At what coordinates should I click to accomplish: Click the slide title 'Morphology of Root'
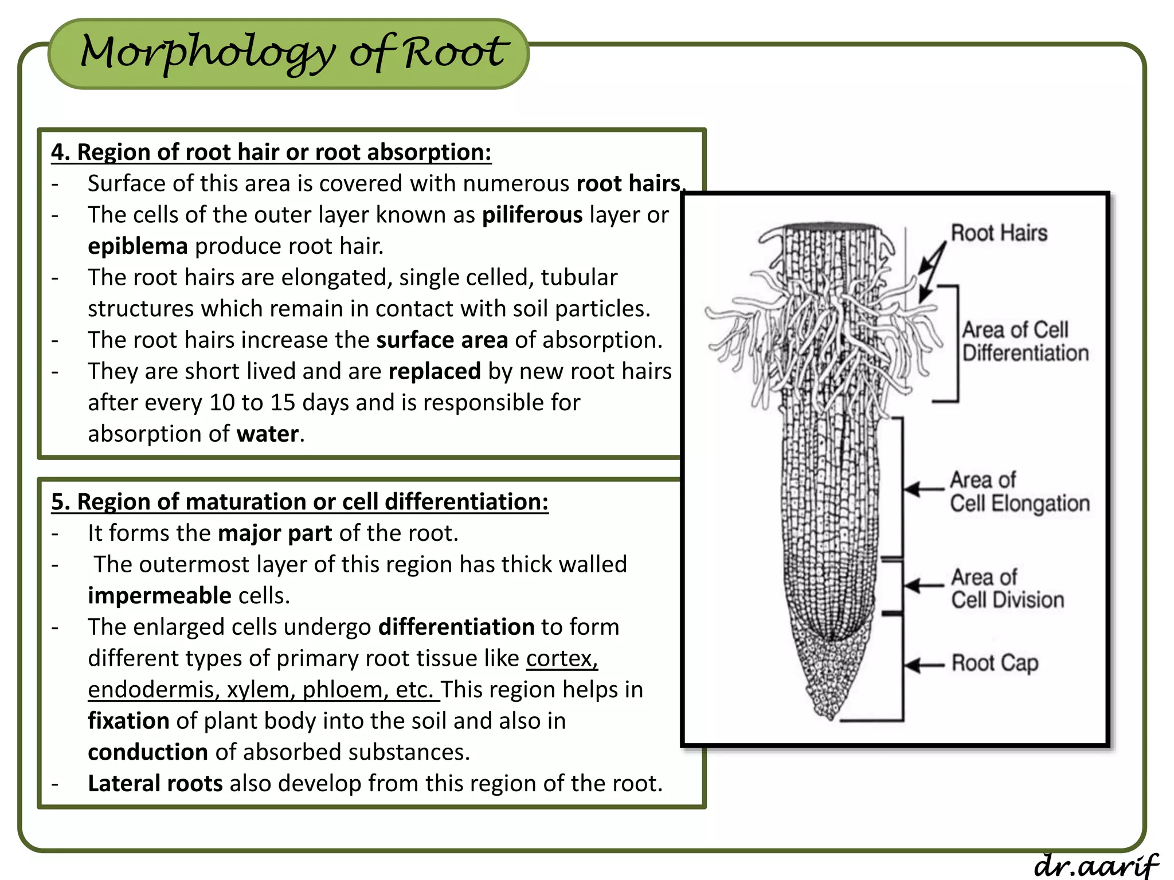click(293, 53)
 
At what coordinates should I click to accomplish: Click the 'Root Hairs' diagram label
click(999, 233)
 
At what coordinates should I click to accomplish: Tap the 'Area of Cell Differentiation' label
click(1024, 341)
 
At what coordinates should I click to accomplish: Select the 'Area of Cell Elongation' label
click(1019, 492)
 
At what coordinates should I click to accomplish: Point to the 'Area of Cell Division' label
click(1007, 588)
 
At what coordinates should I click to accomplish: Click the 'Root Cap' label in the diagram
click(995, 663)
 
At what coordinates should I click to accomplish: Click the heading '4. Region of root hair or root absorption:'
click(271, 152)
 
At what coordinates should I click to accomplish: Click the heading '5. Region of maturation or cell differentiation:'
click(300, 502)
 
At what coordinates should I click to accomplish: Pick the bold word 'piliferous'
click(532, 215)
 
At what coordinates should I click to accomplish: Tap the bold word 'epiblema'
click(138, 246)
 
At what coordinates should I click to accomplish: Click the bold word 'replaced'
click(435, 371)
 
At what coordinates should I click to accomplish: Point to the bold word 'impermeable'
click(159, 596)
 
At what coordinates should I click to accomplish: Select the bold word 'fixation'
click(128, 721)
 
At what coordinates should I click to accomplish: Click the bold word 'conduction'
click(148, 752)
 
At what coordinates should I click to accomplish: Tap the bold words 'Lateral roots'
click(155, 783)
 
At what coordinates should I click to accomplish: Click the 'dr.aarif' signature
click(1096, 864)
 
